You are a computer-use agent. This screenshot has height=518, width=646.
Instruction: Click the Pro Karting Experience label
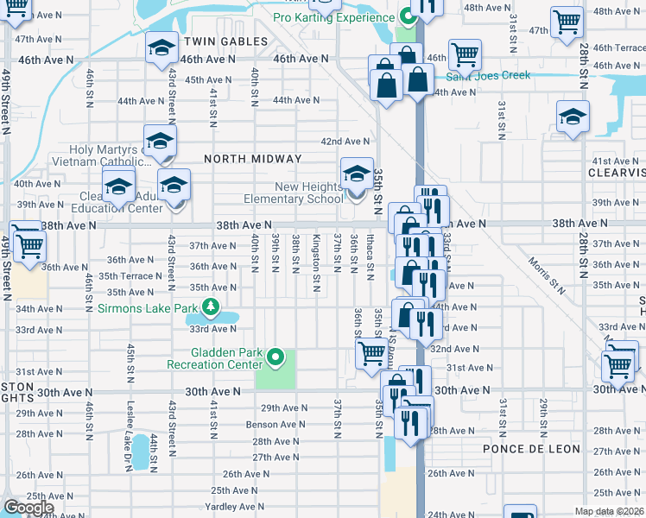(x=333, y=17)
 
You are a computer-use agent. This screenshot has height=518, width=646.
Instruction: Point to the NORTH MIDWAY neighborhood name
(x=253, y=159)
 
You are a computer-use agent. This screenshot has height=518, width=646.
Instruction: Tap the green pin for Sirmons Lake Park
(x=209, y=306)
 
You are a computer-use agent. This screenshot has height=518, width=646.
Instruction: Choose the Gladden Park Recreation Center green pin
(x=275, y=355)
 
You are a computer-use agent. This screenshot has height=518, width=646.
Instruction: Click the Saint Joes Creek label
(x=489, y=76)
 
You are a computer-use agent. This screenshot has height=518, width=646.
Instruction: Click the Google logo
(x=28, y=508)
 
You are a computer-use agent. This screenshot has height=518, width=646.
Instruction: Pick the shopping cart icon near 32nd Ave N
(x=371, y=351)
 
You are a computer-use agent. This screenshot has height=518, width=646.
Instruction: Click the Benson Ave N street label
(x=275, y=425)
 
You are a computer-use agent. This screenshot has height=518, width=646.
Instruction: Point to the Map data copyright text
(x=609, y=511)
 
